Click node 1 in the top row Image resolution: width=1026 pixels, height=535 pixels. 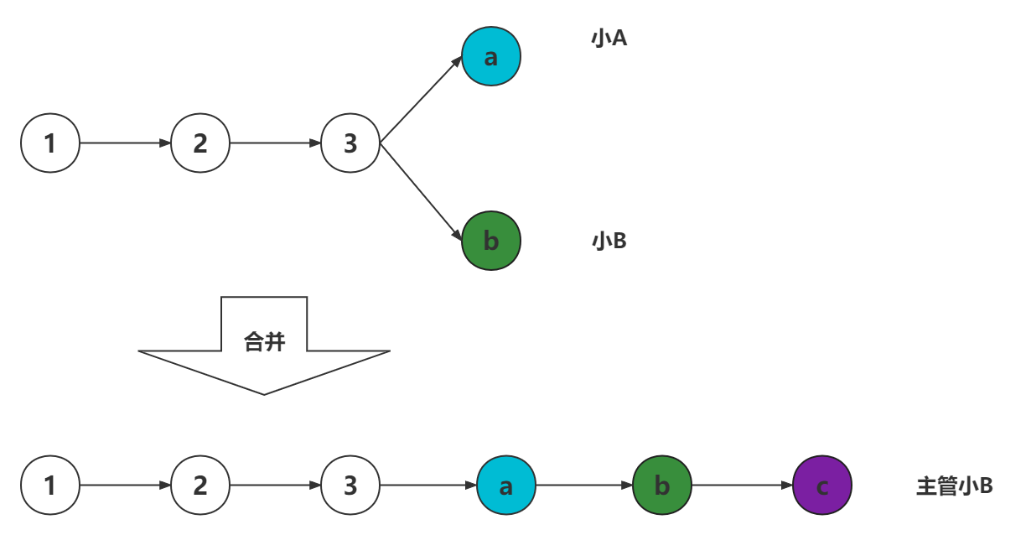point(50,143)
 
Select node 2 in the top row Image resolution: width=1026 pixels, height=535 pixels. point(200,143)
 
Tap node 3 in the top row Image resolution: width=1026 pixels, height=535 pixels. point(350,143)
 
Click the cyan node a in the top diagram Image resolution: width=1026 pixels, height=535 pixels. point(491,56)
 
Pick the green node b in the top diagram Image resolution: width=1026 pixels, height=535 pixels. point(491,241)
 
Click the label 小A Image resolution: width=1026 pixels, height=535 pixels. point(609,39)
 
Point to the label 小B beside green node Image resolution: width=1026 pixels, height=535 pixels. point(609,242)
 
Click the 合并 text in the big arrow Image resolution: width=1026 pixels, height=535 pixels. point(264,342)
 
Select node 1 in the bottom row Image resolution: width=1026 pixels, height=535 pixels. point(50,485)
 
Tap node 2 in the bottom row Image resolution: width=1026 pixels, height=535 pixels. point(200,485)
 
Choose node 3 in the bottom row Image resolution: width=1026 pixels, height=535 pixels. point(350,485)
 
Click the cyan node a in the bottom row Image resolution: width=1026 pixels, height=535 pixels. point(506,485)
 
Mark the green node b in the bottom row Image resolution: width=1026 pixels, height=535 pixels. point(662,485)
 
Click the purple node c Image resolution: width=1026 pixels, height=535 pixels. point(822,485)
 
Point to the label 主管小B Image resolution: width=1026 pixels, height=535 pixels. point(954,486)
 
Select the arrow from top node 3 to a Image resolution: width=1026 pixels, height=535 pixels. point(421,101)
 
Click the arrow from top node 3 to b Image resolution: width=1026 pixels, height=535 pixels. point(421,192)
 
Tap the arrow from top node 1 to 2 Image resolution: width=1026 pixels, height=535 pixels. point(125,143)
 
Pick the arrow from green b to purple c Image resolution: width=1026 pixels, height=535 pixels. point(742,485)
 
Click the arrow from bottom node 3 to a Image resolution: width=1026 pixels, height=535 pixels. point(427,485)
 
